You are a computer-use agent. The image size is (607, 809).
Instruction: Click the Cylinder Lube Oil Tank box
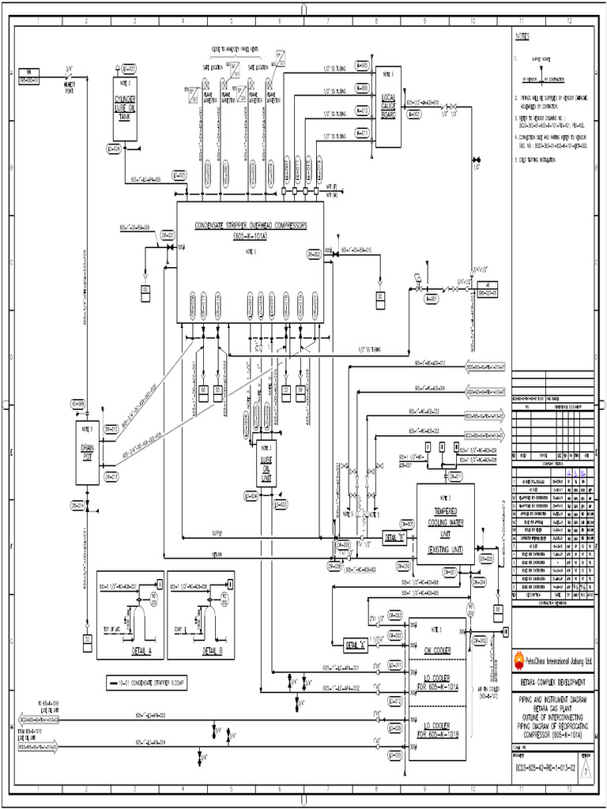[125, 109]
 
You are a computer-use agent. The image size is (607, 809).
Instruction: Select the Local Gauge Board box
[387, 107]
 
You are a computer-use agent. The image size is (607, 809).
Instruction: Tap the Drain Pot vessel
[87, 451]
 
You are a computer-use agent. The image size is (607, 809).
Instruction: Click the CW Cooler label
[436, 650]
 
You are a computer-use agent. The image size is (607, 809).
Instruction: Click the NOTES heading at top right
[524, 36]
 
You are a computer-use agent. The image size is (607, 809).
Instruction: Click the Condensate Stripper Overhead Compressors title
[251, 229]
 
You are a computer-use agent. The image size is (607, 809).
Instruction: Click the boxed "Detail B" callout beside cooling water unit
[394, 537]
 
